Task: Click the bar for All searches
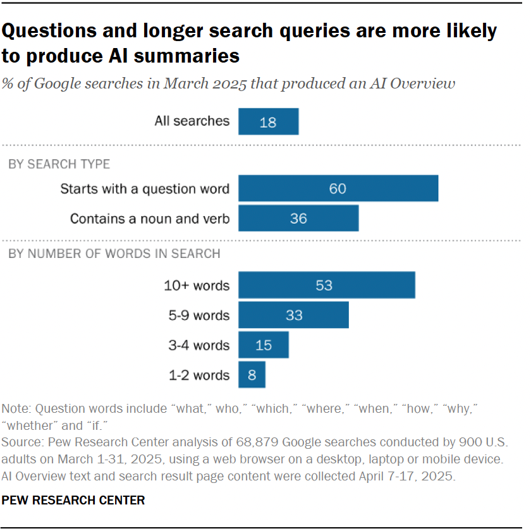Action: (268, 121)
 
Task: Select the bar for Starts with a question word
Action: (338, 188)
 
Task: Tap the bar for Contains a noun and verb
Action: (298, 218)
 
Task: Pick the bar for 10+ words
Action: (326, 285)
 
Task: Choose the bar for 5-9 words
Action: (293, 315)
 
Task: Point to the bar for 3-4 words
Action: (264, 345)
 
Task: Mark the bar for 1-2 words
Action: (252, 375)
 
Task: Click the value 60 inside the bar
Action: (338, 188)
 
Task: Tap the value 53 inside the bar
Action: (324, 285)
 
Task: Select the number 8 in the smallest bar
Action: (252, 375)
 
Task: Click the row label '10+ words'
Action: (196, 285)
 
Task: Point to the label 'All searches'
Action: (192, 121)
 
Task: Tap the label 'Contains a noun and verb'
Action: (150, 219)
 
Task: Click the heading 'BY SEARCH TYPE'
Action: (59, 164)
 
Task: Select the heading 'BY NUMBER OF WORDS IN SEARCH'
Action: (114, 254)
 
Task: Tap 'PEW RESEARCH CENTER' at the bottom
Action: (73, 500)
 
